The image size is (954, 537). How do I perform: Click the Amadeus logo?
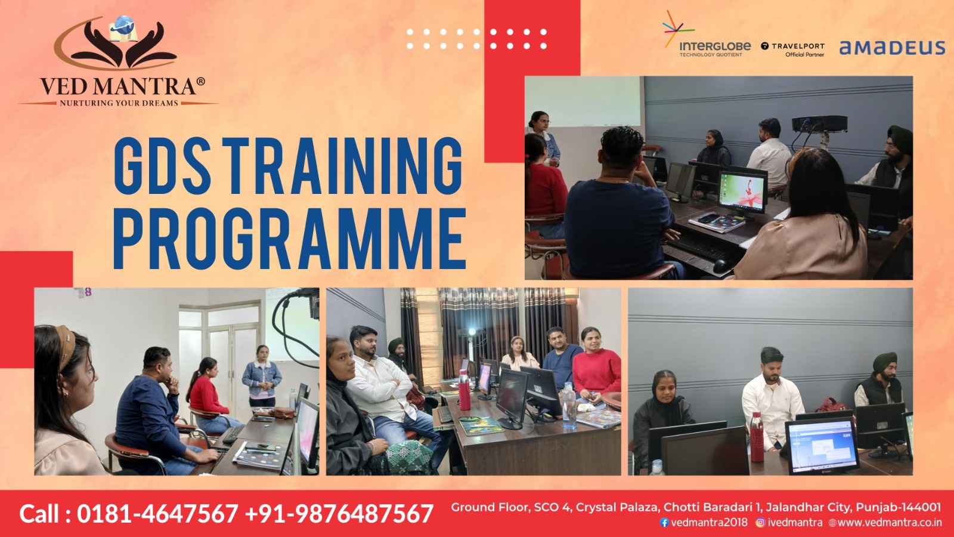pos(892,48)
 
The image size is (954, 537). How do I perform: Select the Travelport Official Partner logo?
pos(793,50)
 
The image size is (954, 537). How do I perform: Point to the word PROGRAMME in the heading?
pos(290,239)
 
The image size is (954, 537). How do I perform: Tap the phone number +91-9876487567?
pos(339,514)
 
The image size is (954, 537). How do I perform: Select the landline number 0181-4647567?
pos(157,514)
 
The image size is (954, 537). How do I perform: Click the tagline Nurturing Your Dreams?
pos(119,103)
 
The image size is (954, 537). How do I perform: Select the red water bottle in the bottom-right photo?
pos(757,437)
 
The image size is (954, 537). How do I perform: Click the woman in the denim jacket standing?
pos(262,376)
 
